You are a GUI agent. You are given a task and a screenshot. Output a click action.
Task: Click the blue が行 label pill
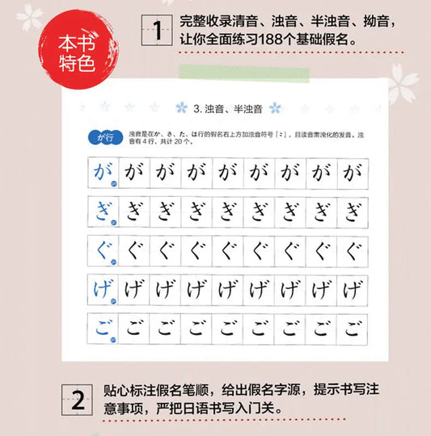101,136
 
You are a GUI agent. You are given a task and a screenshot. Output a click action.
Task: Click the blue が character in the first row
103,171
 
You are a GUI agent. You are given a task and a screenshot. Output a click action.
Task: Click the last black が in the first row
353,171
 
